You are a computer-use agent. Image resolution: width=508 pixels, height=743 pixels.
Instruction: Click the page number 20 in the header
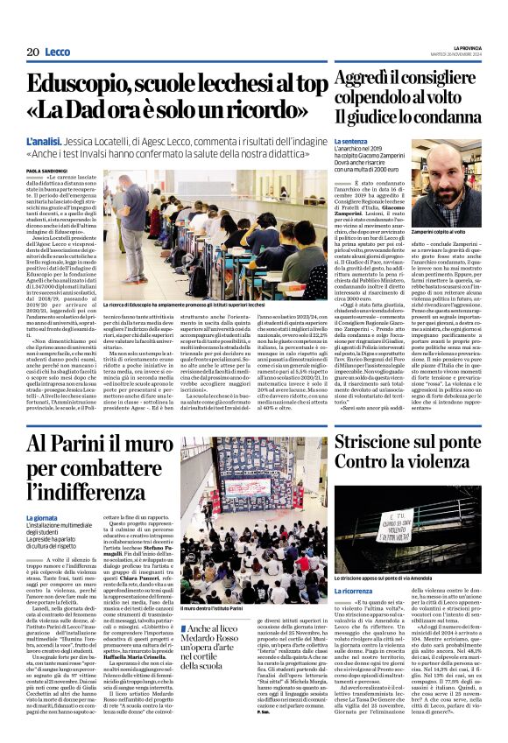(32, 53)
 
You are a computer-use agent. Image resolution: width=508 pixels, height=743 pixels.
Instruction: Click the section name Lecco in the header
(58, 53)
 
